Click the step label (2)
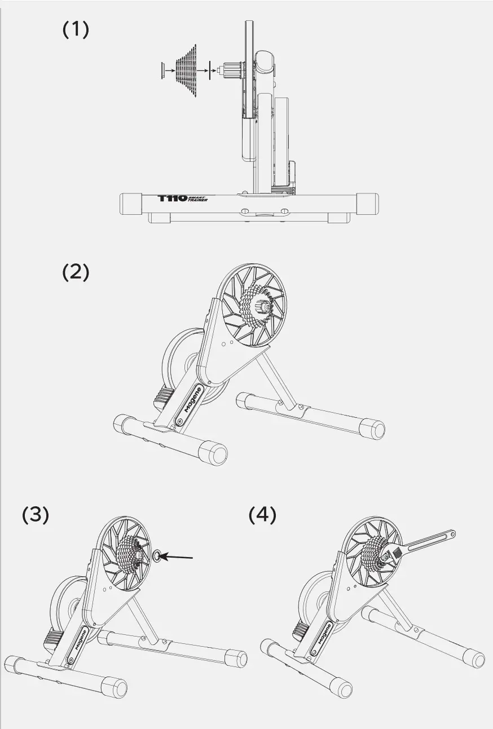[x=76, y=272]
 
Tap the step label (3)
[x=36, y=515]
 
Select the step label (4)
[x=262, y=515]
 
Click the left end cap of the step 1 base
[x=131, y=203]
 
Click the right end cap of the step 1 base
[x=368, y=203]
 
